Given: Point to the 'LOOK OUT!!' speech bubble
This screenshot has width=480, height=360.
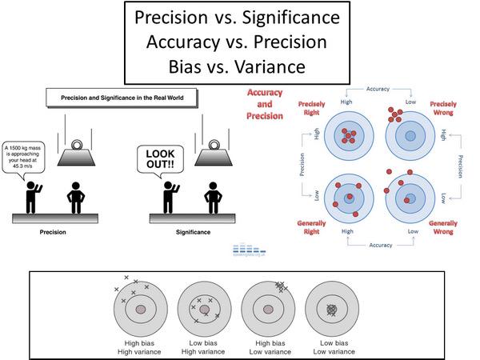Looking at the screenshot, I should click(158, 157).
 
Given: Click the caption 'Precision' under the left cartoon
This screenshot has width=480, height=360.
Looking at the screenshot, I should click(53, 231).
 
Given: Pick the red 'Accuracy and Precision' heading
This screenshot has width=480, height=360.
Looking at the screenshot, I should click(266, 103).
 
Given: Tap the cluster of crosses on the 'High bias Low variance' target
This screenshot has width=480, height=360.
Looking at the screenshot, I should click(280, 286).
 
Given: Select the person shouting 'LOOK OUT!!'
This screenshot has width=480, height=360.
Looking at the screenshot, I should click(170, 194).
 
